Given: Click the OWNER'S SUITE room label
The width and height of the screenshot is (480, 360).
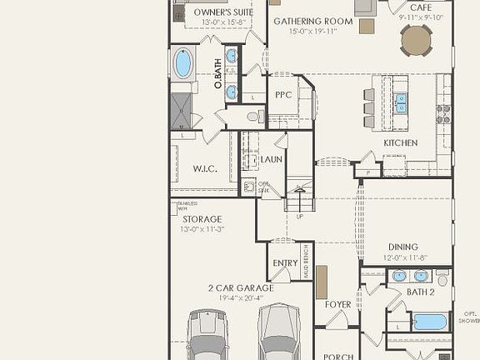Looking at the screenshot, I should pyautogui.click(x=223, y=12).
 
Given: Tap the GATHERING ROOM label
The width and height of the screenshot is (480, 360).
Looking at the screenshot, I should pyautogui.click(x=307, y=21).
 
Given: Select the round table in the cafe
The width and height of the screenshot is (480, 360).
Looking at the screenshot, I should pyautogui.click(x=417, y=39).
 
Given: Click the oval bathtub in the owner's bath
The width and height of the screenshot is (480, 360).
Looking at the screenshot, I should pyautogui.click(x=183, y=63).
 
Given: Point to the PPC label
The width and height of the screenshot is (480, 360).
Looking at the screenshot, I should pyautogui.click(x=282, y=96).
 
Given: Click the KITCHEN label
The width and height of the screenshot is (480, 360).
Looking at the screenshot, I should pyautogui.click(x=400, y=143).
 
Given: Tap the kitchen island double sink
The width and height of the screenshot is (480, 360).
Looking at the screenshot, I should pyautogui.click(x=401, y=102).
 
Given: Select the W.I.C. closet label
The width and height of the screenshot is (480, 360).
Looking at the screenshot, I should pyautogui.click(x=205, y=169).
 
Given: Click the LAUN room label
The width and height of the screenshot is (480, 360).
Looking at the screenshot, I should pyautogui.click(x=272, y=159).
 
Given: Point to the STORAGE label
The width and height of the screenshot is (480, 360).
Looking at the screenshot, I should pyautogui.click(x=202, y=219).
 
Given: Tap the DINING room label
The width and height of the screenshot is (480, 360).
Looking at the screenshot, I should pyautogui.click(x=402, y=247).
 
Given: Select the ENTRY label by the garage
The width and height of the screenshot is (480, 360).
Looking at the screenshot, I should pyautogui.click(x=285, y=263).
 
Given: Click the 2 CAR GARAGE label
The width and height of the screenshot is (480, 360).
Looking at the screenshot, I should pyautogui.click(x=241, y=288).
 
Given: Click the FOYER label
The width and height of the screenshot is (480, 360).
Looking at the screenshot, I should pyautogui.click(x=338, y=305).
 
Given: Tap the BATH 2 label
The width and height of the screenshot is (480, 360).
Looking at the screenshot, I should pyautogui.click(x=420, y=292).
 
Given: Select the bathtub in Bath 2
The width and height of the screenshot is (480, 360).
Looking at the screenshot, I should pyautogui.click(x=430, y=321).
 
